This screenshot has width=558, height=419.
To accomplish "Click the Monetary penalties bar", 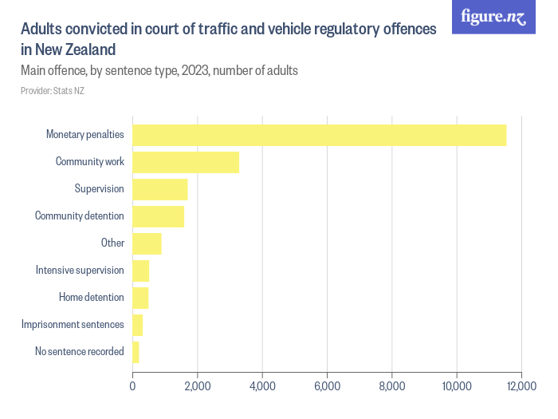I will pos(319,135).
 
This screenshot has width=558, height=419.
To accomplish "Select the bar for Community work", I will pos(186,162).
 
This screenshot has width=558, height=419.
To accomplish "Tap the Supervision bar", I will pos(159,189).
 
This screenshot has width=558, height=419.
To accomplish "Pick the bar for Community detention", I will pos(158,216).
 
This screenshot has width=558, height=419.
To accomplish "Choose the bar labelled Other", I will pos(147,243).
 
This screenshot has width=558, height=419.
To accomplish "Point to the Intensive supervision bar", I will pos(140,271).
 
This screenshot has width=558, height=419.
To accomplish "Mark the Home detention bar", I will pos(140,298).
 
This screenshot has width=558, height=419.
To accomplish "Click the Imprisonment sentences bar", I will pos(137,325).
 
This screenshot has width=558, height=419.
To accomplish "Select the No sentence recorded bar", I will pos(136,352).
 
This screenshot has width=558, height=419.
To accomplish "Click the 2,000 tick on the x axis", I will pos(197,386).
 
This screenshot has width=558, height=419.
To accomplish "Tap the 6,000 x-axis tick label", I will pos(327,386).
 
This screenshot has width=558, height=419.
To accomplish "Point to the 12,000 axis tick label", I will pos(521,386).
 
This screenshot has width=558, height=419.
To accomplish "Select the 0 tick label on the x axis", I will pos(132,386).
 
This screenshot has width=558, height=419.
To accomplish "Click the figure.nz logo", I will pos(493,17).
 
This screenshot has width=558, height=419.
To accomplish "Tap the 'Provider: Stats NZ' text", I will pos(53,91).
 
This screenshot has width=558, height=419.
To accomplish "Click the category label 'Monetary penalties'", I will pos(84,135).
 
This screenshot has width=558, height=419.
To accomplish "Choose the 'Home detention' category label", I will pos(91,298).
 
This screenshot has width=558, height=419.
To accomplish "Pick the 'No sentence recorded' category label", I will pos(79,352).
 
